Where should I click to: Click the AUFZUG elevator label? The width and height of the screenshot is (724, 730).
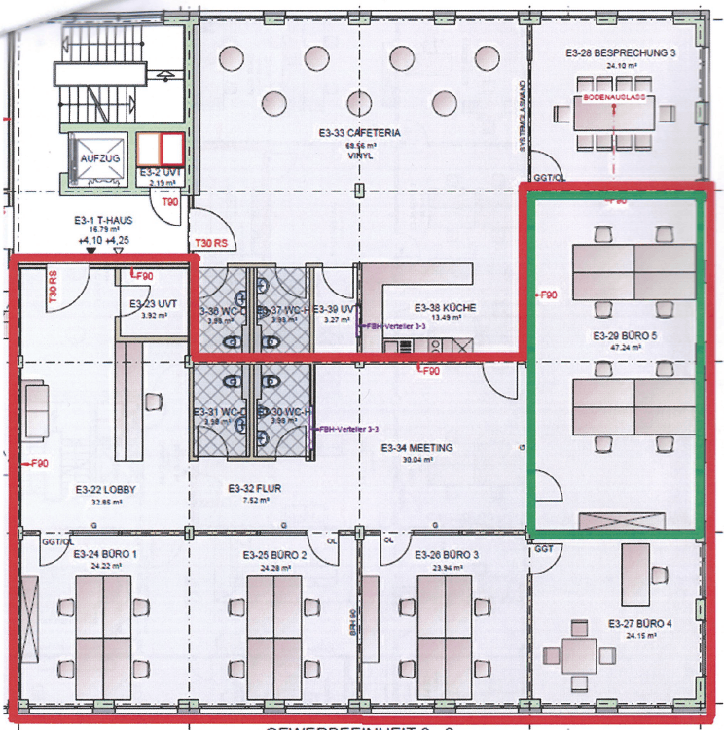tap(98, 156)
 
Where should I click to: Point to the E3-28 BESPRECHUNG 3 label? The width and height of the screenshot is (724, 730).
tap(620, 54)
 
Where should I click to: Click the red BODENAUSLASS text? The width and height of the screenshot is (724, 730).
tap(615, 99)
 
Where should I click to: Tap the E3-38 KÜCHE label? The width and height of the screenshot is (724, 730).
tap(445, 304)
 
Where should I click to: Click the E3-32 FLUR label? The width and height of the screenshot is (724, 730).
tap(254, 489)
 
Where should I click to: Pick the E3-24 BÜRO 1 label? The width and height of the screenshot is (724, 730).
tap(103, 554)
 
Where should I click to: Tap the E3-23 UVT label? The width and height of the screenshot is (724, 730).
tap(150, 303)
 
